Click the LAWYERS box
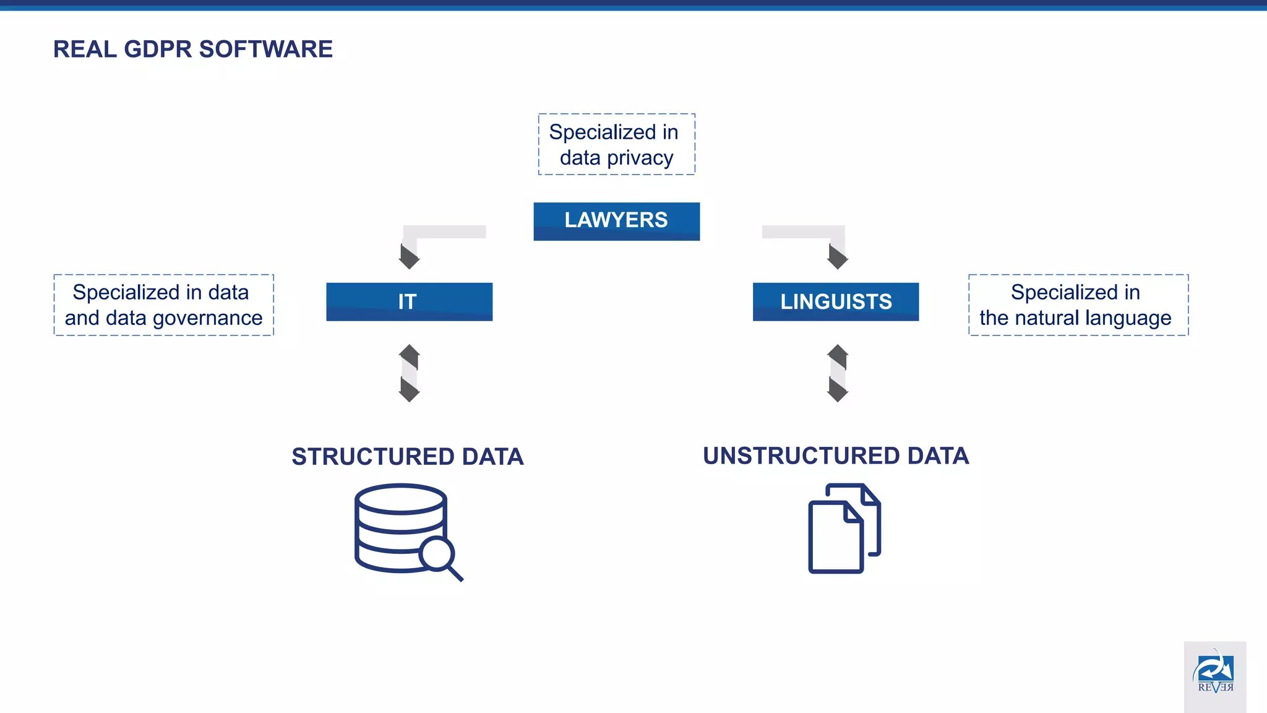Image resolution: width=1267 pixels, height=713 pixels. (x=616, y=221)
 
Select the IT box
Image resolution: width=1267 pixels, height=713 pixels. (x=409, y=301)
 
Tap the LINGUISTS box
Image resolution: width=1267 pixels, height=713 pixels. (x=835, y=301)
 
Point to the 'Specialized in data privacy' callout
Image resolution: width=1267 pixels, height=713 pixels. (x=616, y=144)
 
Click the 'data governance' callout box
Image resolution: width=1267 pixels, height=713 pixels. (x=163, y=305)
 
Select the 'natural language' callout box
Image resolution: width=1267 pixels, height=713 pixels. (x=1078, y=305)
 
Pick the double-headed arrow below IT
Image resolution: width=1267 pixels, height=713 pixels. (x=409, y=373)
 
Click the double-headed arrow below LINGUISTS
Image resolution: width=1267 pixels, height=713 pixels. (x=837, y=373)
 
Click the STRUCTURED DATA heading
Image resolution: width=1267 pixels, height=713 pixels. (x=408, y=457)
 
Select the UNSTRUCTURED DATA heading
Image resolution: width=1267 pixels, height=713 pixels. (x=835, y=456)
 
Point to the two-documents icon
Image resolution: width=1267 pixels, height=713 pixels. (x=844, y=529)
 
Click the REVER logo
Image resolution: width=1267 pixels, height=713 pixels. (x=1214, y=675)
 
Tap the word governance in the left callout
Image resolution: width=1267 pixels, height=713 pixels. (x=207, y=319)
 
